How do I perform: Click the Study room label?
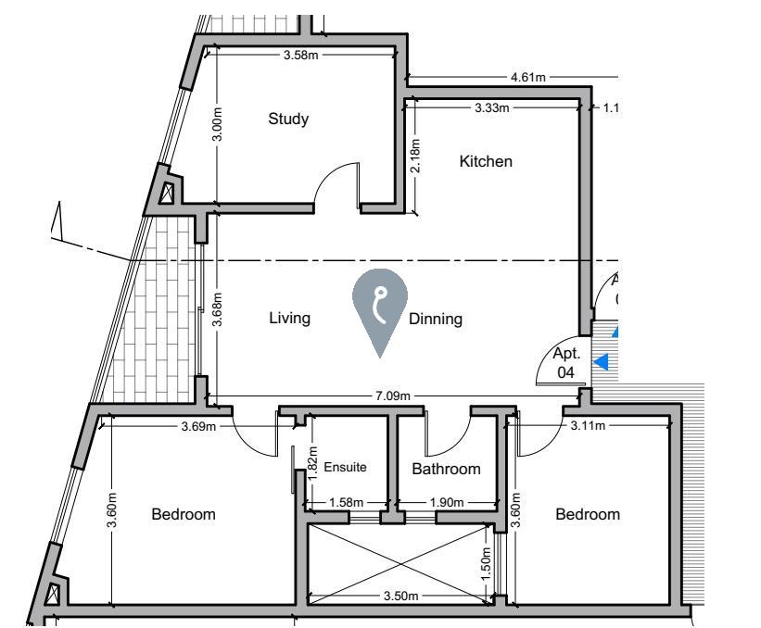tap(288, 119)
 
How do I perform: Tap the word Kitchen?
tap(486, 161)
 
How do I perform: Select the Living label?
tap(290, 318)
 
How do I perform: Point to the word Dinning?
tap(436, 319)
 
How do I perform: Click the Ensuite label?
tap(345, 467)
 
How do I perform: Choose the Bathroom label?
tap(446, 469)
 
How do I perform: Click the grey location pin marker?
tap(380, 313)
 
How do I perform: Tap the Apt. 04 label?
tap(566, 362)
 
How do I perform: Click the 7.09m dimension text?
tap(393, 396)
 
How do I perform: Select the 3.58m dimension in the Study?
tap(301, 55)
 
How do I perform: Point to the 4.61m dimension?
tap(528, 77)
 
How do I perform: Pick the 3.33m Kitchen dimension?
tap(491, 107)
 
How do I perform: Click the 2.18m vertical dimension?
tap(415, 156)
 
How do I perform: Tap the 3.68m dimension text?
tap(217, 309)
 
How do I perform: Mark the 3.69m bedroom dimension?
tap(198, 426)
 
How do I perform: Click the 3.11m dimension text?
tap(588, 426)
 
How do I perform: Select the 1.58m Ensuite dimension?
tap(346, 502)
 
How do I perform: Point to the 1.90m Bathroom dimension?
tap(447, 502)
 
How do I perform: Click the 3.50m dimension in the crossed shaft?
tap(400, 596)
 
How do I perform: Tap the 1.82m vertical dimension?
tap(312, 463)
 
